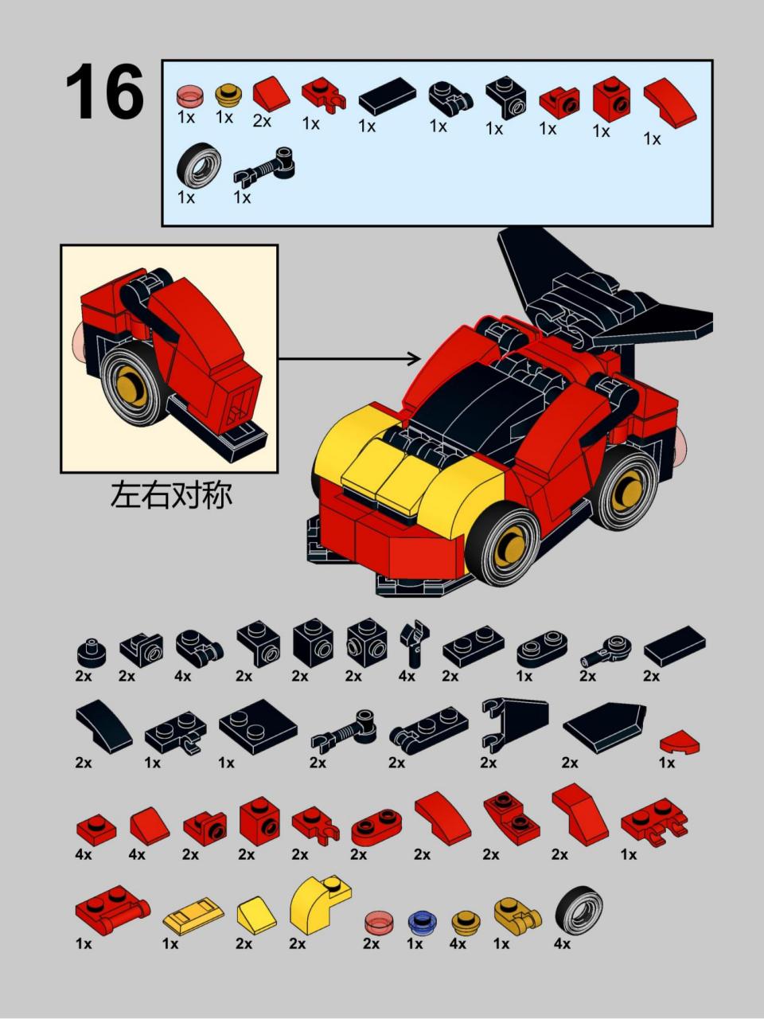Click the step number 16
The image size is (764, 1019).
pos(104,91)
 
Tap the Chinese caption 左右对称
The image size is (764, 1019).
pos(171,495)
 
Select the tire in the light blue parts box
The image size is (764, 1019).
pos(198,166)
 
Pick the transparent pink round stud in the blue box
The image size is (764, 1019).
pos(189,97)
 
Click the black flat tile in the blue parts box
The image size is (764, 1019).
pos(388,96)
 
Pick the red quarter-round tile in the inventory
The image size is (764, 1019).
pos(680,741)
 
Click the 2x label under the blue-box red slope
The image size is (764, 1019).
pos(262,121)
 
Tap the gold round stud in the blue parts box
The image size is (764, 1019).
pos(228,95)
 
